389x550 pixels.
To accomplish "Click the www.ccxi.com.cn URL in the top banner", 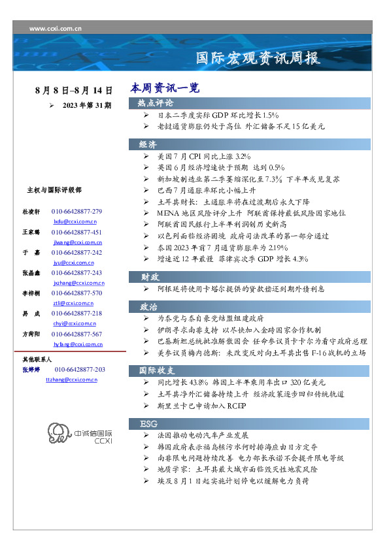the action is click(x=56, y=29).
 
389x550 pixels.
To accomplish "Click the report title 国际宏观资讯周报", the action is click(x=259, y=57).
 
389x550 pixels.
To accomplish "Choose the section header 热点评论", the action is click(x=156, y=103).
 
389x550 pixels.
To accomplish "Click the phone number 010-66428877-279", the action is click(x=76, y=212).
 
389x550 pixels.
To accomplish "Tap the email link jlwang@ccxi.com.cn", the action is click(x=76, y=242).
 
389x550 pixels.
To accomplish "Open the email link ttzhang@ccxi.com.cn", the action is click(x=71, y=380).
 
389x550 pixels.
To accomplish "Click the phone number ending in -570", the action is click(x=76, y=293).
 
